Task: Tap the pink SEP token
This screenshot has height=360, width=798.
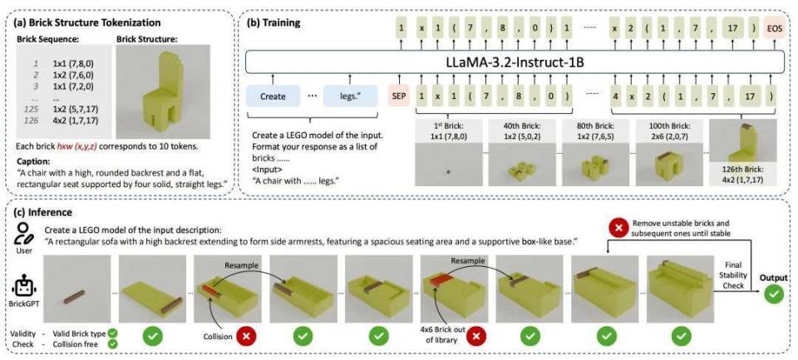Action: (400, 96)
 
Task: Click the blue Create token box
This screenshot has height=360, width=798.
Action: (273, 96)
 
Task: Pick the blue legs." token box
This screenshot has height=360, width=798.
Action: (350, 96)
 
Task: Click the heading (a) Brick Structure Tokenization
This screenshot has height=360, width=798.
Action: (88, 23)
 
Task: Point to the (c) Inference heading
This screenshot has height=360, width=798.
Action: (44, 212)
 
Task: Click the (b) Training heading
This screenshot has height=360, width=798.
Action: (273, 23)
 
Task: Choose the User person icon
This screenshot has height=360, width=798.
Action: (24, 234)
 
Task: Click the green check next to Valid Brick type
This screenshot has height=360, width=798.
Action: (112, 333)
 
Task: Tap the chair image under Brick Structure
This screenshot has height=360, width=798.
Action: (163, 92)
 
